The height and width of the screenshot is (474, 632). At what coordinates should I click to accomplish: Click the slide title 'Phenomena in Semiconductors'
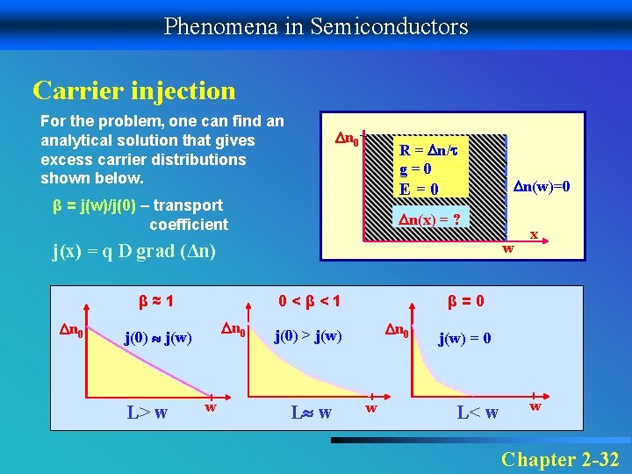click(316, 26)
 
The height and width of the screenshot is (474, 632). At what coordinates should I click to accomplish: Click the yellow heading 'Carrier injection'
click(134, 90)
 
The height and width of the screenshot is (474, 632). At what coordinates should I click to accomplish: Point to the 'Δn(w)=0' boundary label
click(542, 186)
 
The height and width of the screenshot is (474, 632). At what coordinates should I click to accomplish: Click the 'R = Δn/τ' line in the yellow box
click(430, 150)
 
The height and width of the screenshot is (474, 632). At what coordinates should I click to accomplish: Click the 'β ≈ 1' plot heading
click(154, 301)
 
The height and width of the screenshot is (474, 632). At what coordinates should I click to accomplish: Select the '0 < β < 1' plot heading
click(308, 301)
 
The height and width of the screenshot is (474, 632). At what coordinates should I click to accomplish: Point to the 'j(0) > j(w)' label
click(308, 334)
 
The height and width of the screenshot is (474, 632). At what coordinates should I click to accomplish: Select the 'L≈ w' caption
click(311, 413)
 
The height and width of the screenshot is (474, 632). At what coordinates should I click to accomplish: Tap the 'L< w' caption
click(478, 413)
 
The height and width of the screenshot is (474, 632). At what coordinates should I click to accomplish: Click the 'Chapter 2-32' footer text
click(560, 459)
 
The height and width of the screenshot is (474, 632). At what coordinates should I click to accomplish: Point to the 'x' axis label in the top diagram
click(533, 234)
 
